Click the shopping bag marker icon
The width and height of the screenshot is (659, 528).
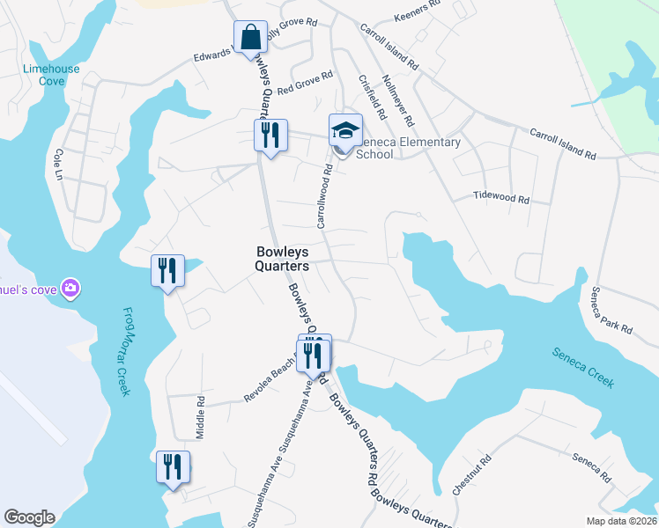click(251, 38)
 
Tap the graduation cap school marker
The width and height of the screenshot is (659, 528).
click(345, 131)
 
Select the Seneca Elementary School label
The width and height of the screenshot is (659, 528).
click(408, 148)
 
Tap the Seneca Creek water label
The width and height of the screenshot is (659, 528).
click(582, 367)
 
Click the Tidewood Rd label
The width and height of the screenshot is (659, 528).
click(500, 198)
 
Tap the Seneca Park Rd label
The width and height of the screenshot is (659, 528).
click(611, 310)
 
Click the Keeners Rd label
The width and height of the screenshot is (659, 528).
click(417, 11)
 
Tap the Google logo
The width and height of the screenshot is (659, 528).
click(29, 517)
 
